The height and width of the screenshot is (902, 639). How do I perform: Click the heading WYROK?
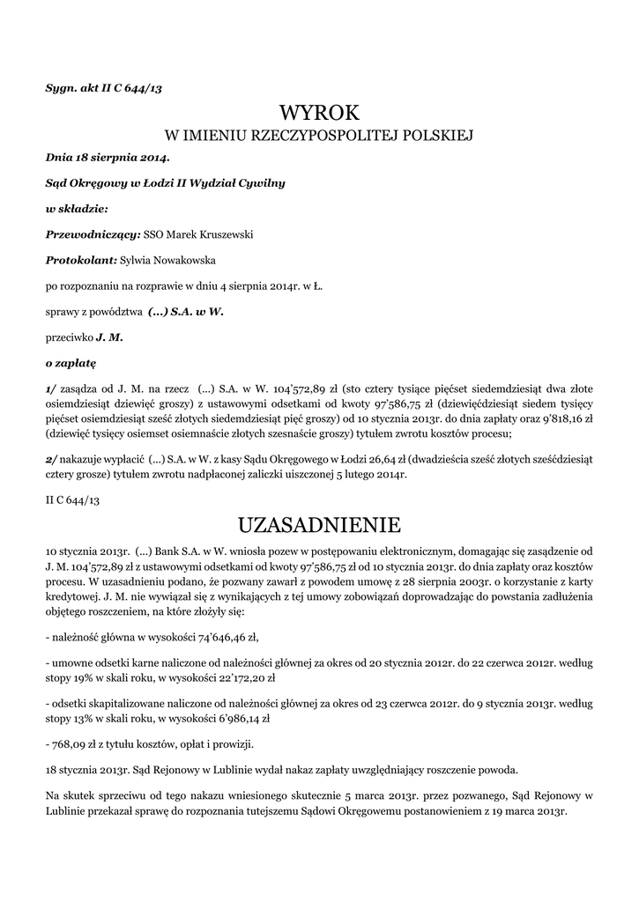pyautogui.click(x=319, y=112)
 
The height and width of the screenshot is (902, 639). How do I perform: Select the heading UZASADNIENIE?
pyautogui.click(x=319, y=526)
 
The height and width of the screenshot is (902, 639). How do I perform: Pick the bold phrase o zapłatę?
pyautogui.click(x=71, y=362)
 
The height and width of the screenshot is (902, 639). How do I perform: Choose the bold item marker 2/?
pyautogui.click(x=51, y=458)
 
